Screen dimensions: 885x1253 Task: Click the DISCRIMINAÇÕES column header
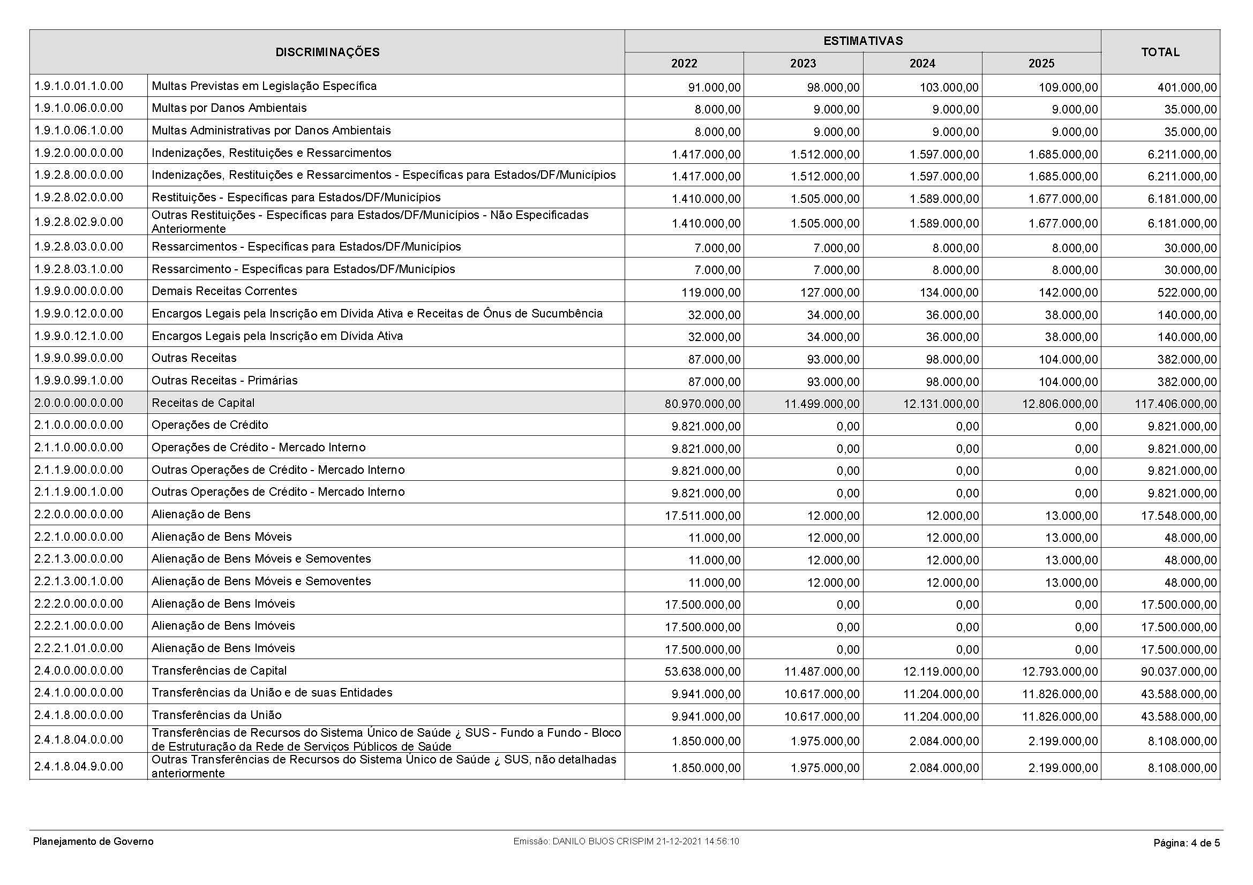click(x=327, y=52)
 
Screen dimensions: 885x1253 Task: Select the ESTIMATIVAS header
click(x=862, y=41)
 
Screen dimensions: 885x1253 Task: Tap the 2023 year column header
click(x=803, y=64)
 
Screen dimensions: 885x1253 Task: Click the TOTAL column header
click(x=1160, y=52)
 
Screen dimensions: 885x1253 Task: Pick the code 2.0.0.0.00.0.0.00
click(x=79, y=403)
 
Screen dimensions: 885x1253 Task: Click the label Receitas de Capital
click(x=203, y=403)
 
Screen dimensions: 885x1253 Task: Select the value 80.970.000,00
click(x=702, y=404)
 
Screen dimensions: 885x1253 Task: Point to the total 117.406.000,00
click(x=1178, y=404)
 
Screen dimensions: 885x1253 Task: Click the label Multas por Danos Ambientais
click(x=229, y=108)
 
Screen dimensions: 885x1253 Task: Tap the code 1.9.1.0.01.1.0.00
click(x=79, y=86)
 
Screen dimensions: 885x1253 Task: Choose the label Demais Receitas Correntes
click(x=224, y=291)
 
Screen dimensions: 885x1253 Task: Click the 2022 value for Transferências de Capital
click(x=702, y=671)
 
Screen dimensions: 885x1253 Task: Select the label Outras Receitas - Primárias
click(x=225, y=381)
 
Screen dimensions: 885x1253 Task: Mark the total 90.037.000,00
click(x=1178, y=671)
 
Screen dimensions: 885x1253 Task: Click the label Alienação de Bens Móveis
click(x=222, y=537)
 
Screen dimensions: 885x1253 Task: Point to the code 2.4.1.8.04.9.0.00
click(x=79, y=767)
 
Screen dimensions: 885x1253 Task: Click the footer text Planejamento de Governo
click(x=93, y=842)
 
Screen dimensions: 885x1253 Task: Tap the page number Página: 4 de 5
click(x=1187, y=843)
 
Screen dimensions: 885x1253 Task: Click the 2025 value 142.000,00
click(x=1069, y=293)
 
